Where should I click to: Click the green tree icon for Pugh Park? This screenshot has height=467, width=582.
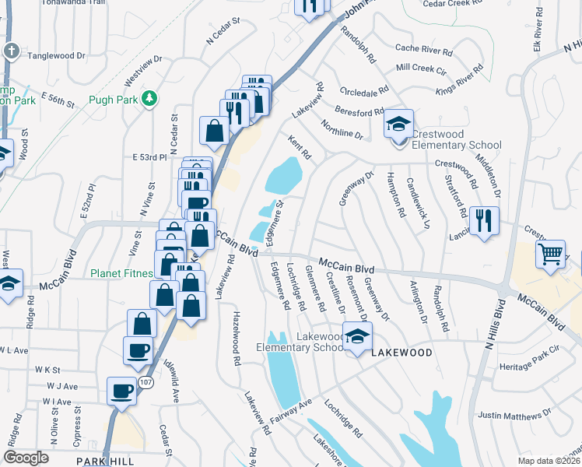coord(146,99)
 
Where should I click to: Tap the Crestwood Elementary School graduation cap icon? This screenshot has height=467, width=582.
coord(398,125)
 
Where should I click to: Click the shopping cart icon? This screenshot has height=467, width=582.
coord(550,254)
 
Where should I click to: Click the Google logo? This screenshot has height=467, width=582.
coord(26,458)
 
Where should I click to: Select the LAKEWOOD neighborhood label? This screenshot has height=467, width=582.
coord(401,353)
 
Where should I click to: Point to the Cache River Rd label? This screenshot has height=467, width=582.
coord(423,50)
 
